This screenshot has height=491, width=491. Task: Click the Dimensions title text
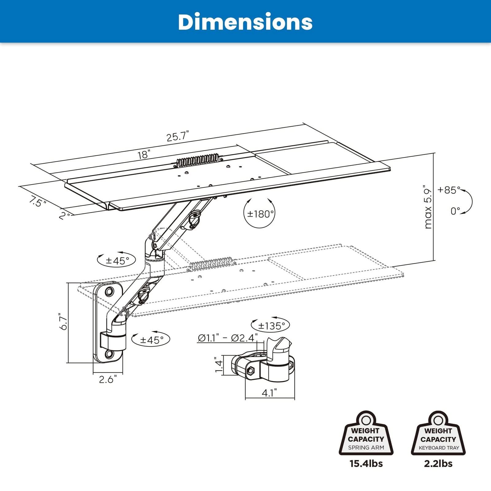[245, 22]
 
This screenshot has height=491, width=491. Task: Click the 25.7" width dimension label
[177, 136]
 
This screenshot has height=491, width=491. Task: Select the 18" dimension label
[144, 154]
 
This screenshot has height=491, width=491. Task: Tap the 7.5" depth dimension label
[37, 202]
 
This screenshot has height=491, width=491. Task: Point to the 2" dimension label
[65, 216]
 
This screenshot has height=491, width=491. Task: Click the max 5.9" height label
[428, 207]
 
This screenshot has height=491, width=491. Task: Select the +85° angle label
[449, 190]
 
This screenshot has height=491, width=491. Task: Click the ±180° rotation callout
[260, 214]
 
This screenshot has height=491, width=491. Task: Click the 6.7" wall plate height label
[64, 321]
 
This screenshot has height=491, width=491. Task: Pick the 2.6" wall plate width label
[108, 380]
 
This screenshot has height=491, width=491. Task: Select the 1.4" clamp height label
[218, 365]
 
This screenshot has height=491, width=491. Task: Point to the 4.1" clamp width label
[269, 393]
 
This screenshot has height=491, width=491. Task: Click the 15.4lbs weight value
[366, 463]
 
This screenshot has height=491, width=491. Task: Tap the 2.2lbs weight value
[438, 463]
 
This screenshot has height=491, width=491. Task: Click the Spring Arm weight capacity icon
[366, 433]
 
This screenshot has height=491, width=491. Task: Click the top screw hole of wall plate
[109, 291]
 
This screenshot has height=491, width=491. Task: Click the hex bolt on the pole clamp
[251, 371]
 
